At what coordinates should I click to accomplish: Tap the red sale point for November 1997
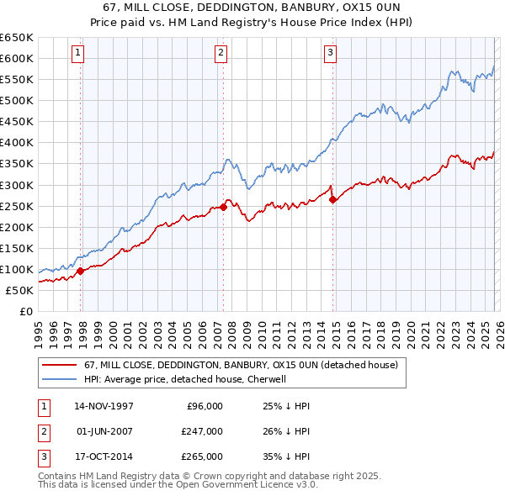point(81,271)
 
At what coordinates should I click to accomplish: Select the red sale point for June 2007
point(223,207)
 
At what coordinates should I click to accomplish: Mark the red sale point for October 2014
point(333,199)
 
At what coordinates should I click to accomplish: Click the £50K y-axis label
point(19,290)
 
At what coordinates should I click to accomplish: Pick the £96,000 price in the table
point(204,405)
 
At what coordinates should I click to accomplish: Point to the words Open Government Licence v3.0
point(249,485)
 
